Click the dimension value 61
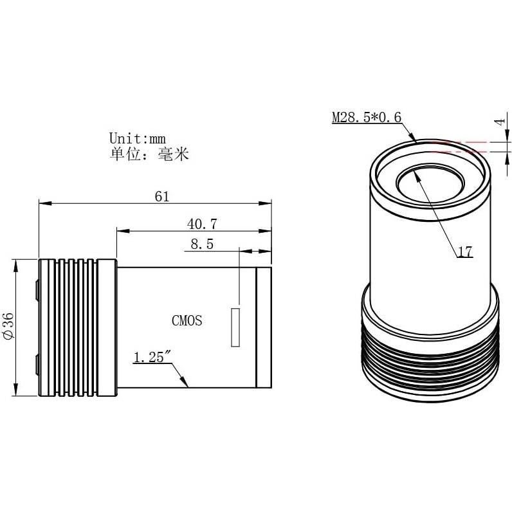[x=161, y=196]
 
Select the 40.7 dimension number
[x=201, y=223]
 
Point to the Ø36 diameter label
[x=8, y=327]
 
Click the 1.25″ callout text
[x=151, y=357]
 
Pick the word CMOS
[x=187, y=320]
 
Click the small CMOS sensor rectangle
[x=235, y=327]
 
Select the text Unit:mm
[x=138, y=138]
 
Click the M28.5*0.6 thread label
[x=366, y=118]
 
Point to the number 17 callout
[x=464, y=252]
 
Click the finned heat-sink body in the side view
[x=77, y=327]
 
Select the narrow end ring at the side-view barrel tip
[x=263, y=327]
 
